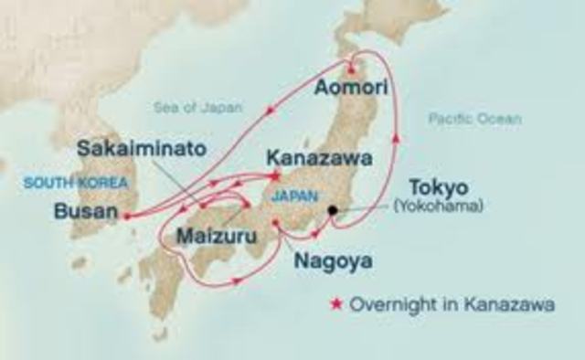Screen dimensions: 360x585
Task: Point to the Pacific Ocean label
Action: pyautogui.click(x=474, y=119)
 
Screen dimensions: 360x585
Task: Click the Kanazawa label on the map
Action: pyautogui.click(x=319, y=158)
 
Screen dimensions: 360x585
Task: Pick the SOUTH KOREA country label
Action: pyautogui.click(x=60, y=183)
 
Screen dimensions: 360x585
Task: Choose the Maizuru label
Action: pyautogui.click(x=216, y=236)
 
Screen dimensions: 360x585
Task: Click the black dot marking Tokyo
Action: pyautogui.click(x=334, y=210)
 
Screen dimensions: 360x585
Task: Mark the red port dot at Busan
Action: pyautogui.click(x=125, y=217)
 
